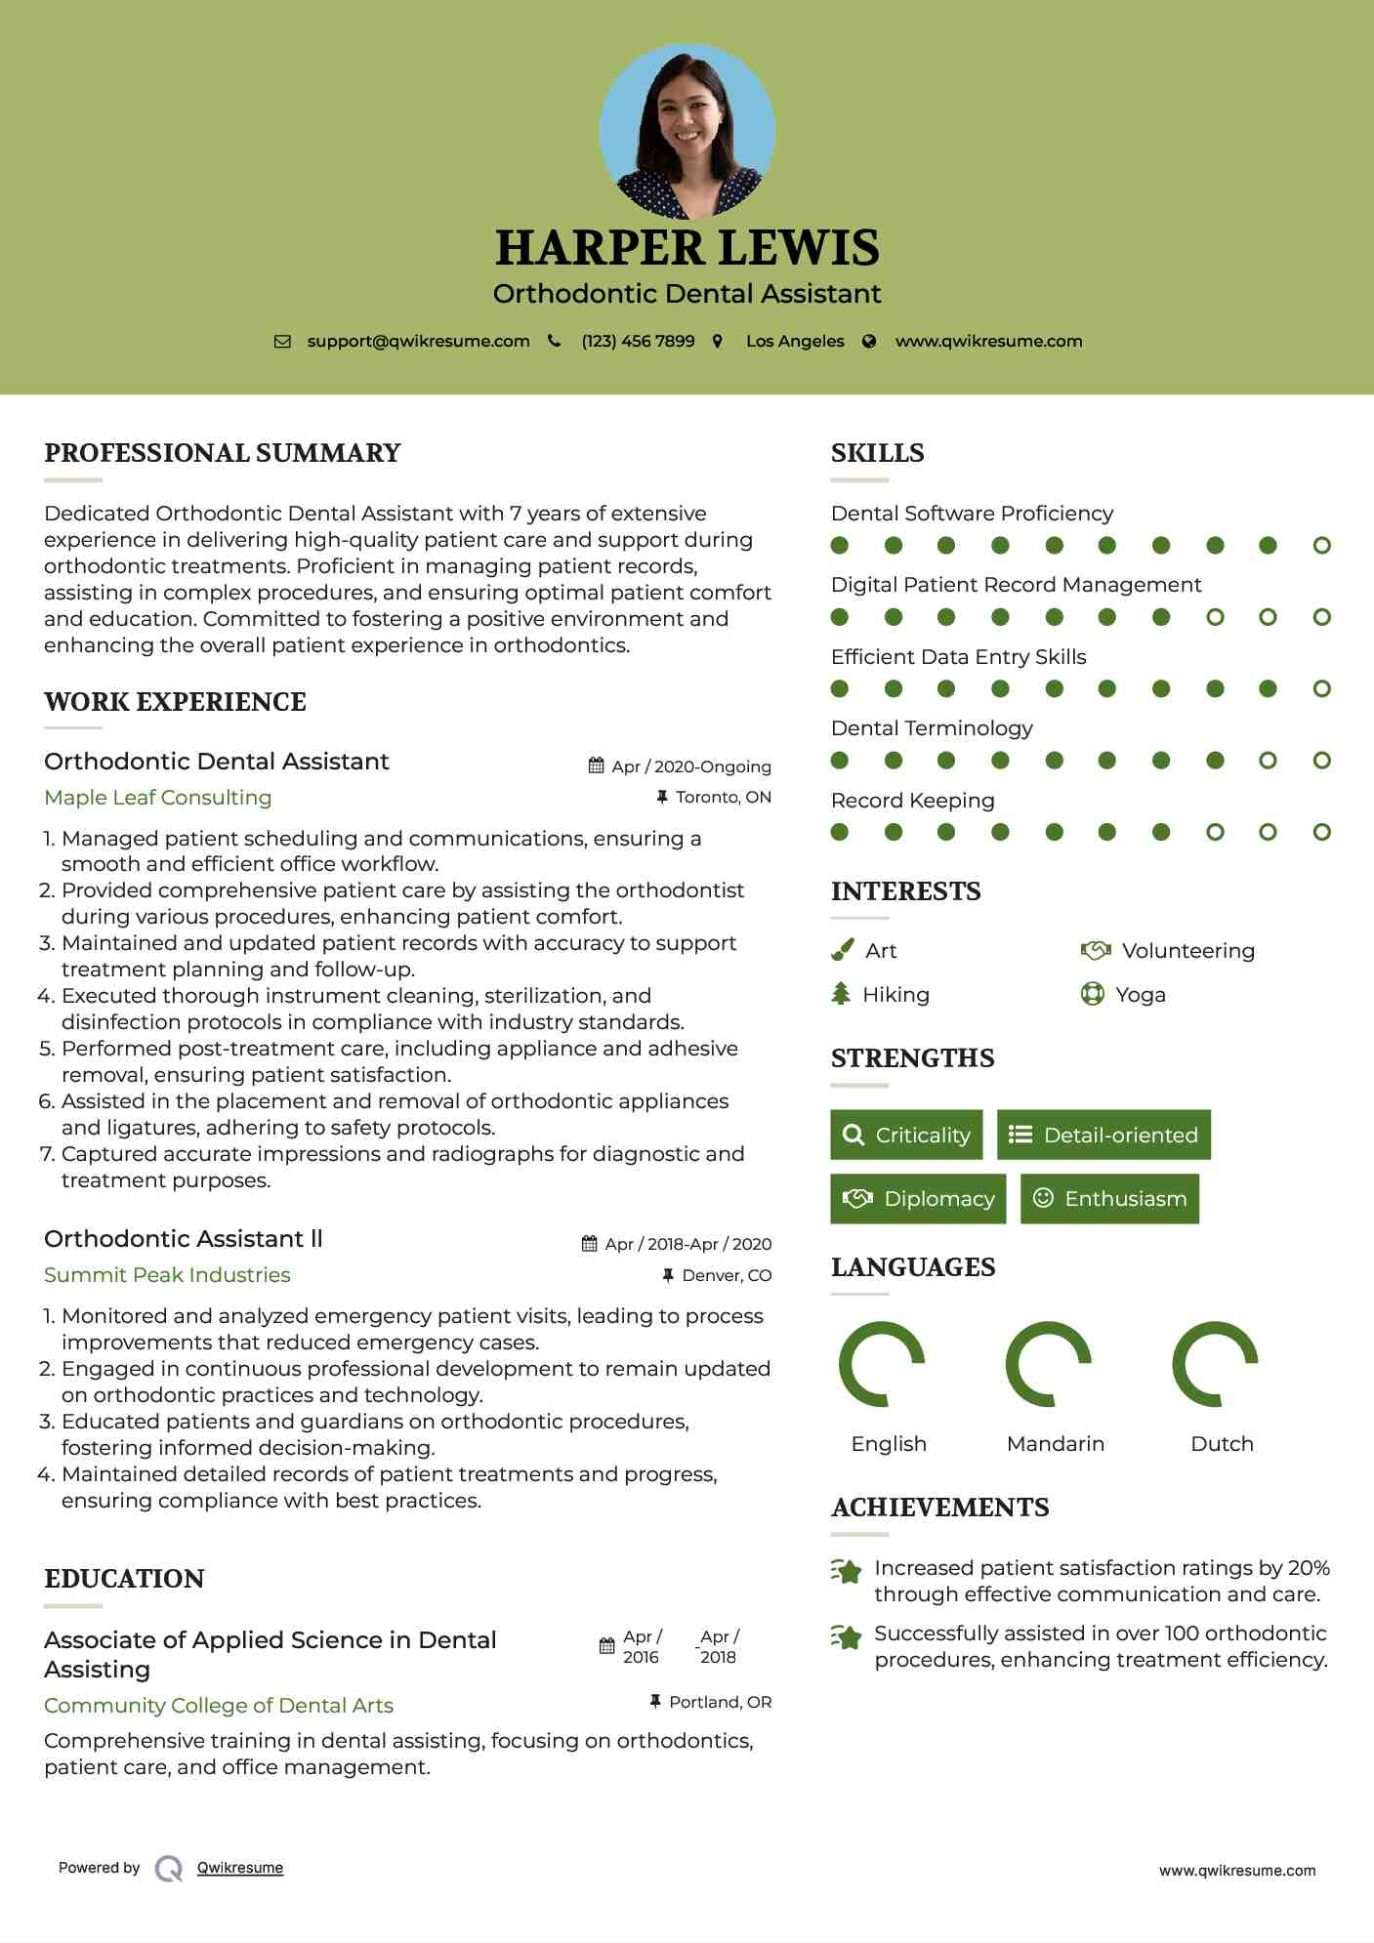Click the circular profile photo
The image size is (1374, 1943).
[687, 131]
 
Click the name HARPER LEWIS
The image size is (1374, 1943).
[687, 248]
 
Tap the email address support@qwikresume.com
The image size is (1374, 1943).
[418, 342]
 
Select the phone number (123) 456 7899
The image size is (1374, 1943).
[638, 342]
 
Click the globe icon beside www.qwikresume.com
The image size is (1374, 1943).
[869, 342]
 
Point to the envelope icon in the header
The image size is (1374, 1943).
[282, 342]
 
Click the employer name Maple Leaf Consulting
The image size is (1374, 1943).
[158, 798]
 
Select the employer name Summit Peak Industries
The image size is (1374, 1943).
[167, 1275]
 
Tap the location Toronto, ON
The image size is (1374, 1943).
[723, 798]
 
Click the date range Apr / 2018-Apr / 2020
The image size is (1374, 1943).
[687, 1244]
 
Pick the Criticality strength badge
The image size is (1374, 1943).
[906, 1135]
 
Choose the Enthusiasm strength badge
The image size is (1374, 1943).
[1109, 1199]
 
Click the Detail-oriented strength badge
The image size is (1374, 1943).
[1103, 1135]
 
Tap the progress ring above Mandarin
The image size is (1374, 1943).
[1048, 1364]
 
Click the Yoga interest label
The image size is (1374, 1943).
[1141, 995]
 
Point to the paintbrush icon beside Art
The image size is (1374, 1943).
[842, 950]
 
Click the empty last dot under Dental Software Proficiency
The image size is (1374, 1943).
[1321, 546]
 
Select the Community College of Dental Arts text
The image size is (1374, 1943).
[219, 1706]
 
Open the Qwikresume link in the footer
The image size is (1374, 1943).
[240, 1868]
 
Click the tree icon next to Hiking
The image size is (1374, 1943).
[841, 994]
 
